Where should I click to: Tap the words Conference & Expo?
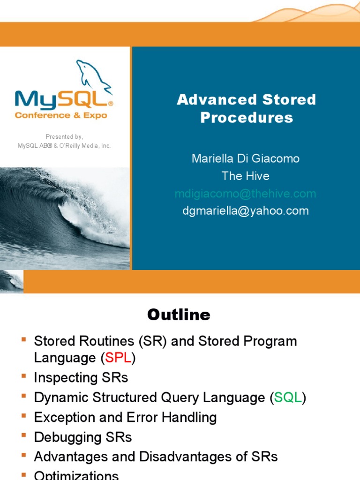coord(61,115)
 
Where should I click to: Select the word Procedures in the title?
coord(247,117)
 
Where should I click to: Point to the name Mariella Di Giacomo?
coord(246,158)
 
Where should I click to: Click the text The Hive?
coord(246,176)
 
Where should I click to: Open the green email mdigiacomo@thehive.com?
coord(246,194)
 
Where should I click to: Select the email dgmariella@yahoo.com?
coord(246,211)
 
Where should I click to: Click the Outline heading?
coord(179,315)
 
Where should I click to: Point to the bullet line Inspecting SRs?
coord(81,377)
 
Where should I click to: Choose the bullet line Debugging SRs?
coord(83,437)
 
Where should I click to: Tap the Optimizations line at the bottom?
coord(76,475)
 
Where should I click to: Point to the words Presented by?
coord(64,137)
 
